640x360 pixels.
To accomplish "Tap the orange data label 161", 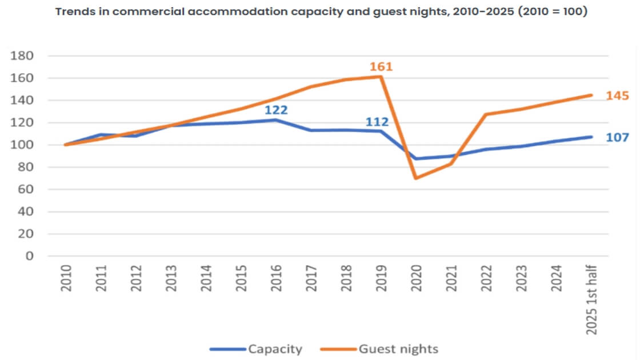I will [x=381, y=67].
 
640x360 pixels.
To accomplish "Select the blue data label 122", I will [x=276, y=109].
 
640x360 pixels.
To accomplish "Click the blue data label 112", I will [x=377, y=122].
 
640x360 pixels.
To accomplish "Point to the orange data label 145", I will [x=618, y=95].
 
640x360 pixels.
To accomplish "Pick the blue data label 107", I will [x=618, y=137].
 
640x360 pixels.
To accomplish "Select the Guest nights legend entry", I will [x=389, y=348].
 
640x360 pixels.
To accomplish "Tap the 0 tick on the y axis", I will [x=30, y=257].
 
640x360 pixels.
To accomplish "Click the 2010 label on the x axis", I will [x=67, y=278].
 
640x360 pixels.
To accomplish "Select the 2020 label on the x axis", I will [x=416, y=278].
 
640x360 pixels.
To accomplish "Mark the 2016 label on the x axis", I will [x=276, y=278].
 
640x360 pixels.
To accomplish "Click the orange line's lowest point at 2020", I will [x=416, y=178].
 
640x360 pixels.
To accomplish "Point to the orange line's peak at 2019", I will [x=381, y=77].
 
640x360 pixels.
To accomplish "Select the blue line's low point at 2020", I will [x=416, y=159].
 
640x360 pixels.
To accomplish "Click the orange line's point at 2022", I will [x=486, y=114].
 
